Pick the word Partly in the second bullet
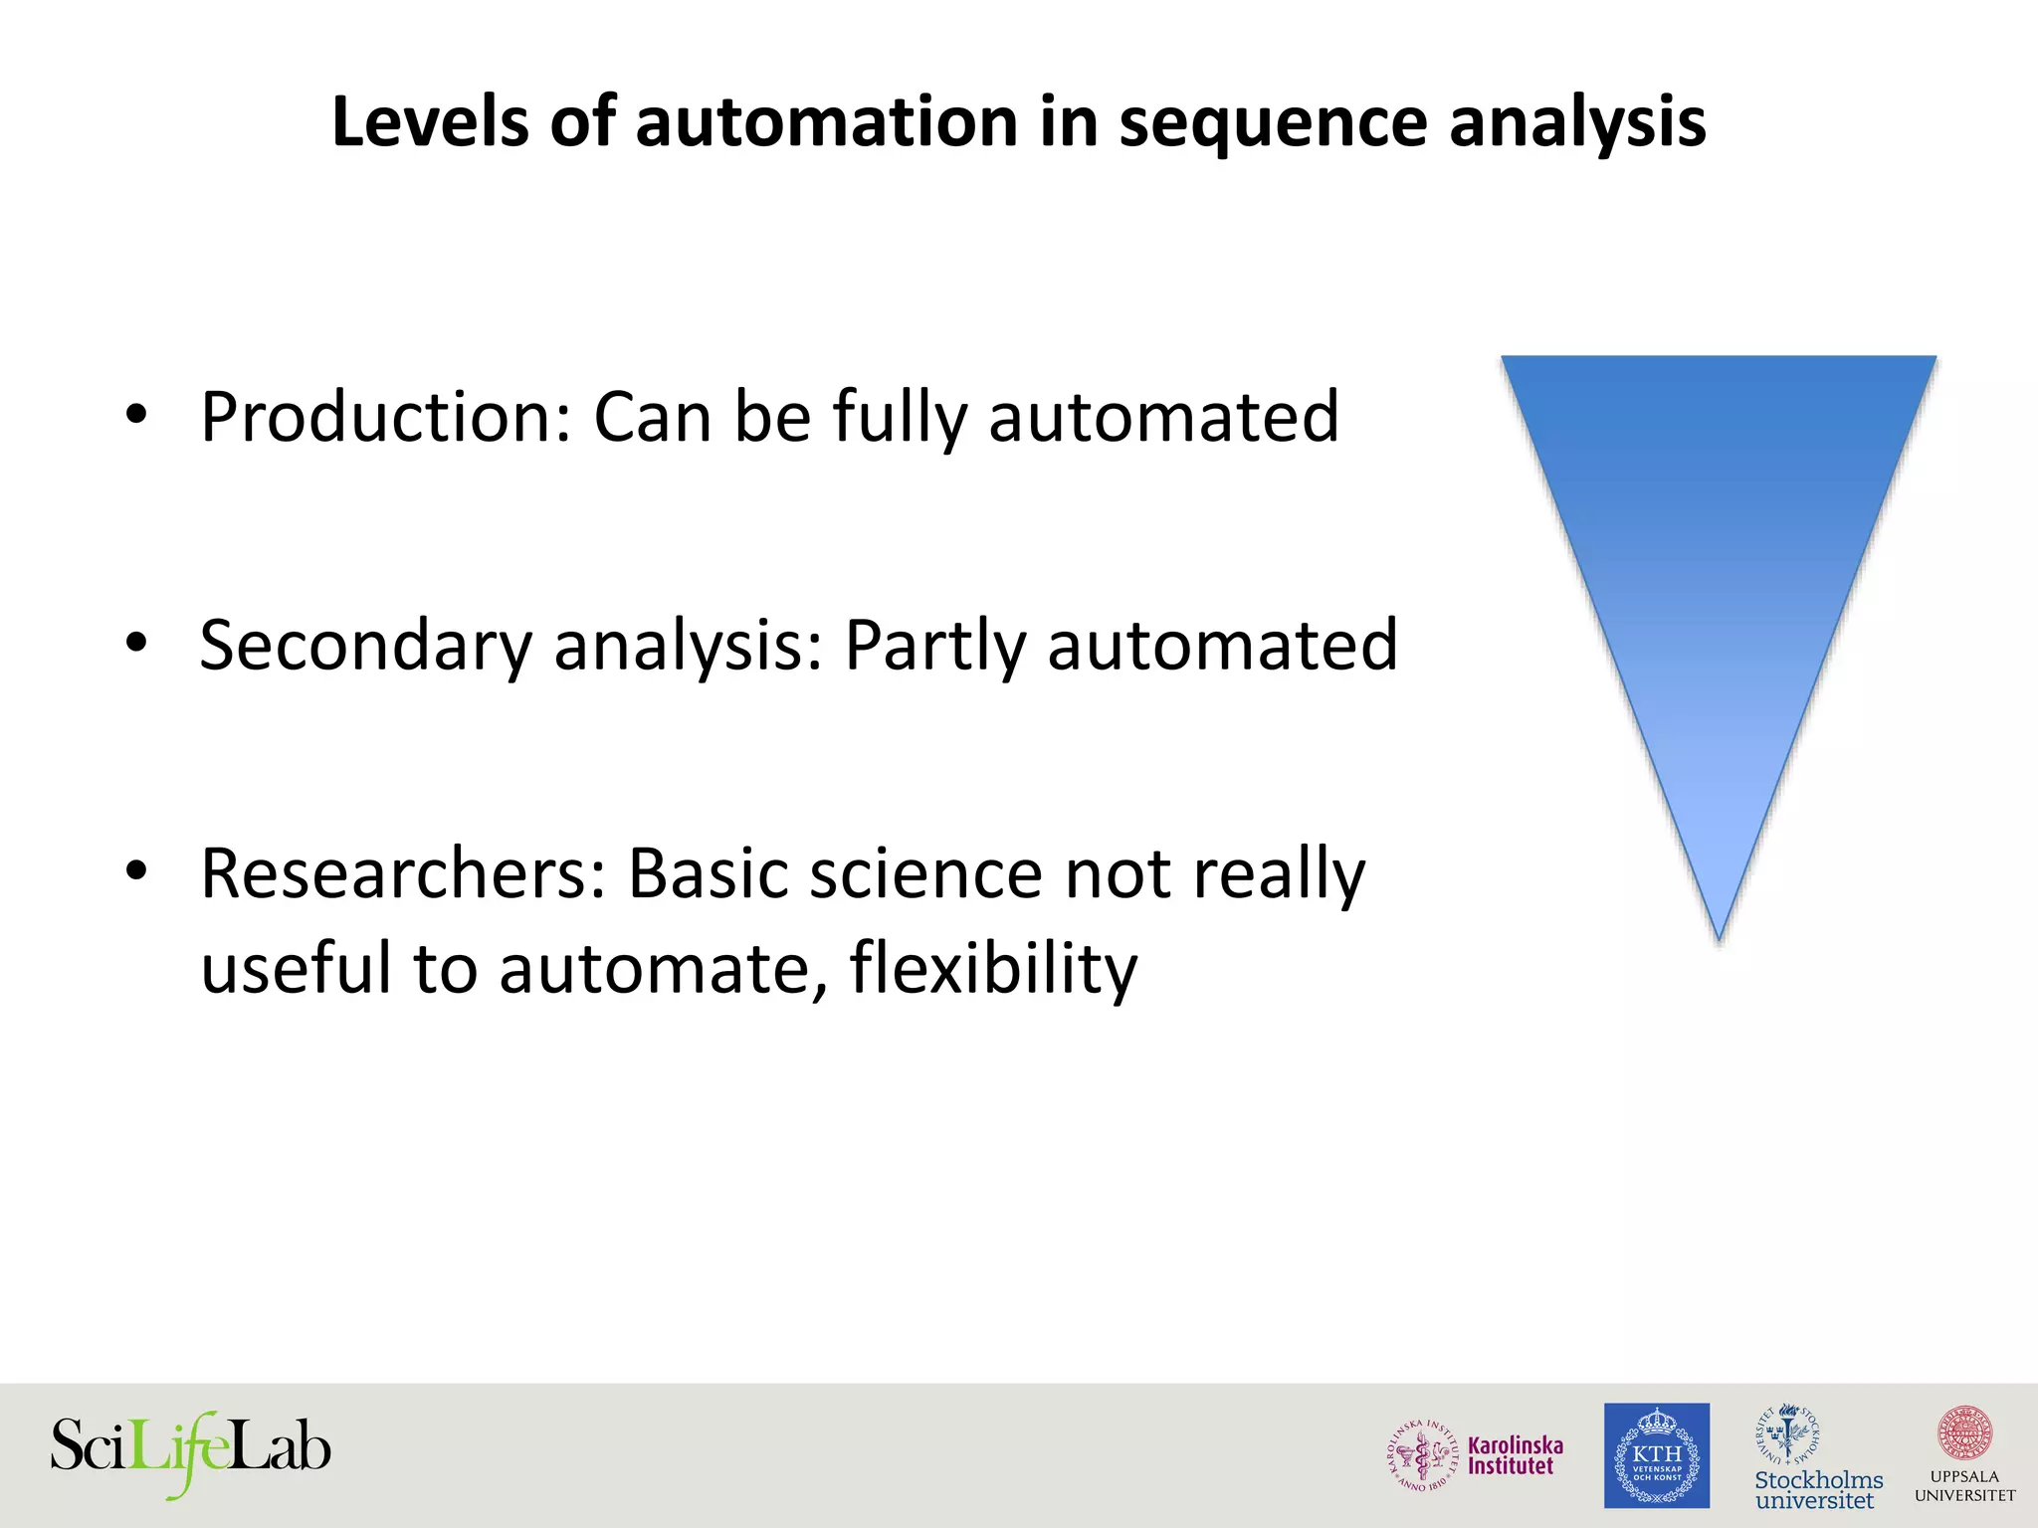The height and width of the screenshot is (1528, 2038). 934,647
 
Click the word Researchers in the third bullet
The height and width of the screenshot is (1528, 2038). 403,873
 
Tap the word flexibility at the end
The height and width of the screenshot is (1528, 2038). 992,968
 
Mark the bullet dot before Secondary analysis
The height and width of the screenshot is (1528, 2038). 136,643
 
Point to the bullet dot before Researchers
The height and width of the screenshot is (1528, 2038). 136,871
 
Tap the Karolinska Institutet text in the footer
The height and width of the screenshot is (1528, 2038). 1515,1455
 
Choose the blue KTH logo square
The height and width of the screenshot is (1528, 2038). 1656,1455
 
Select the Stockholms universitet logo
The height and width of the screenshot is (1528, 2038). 1817,1458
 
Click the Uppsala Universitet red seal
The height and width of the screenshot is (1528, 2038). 1964,1433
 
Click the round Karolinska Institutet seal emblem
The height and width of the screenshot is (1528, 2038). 1424,1455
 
